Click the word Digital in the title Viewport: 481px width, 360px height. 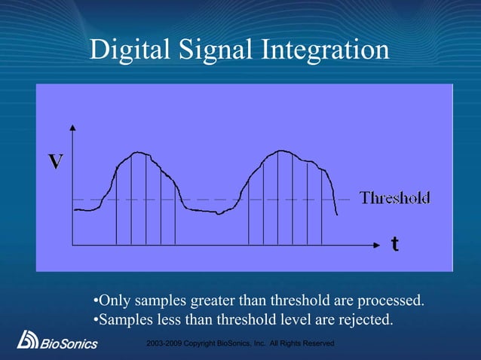pos(128,50)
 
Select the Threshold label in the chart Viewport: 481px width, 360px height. pos(394,198)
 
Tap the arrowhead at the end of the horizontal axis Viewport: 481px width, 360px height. pos(379,245)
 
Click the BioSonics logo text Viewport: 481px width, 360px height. pos(69,344)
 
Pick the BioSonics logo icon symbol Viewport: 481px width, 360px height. pos(28,340)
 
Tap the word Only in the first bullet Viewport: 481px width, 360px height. pos(115,302)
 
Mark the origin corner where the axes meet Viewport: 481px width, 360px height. pos(72,245)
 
